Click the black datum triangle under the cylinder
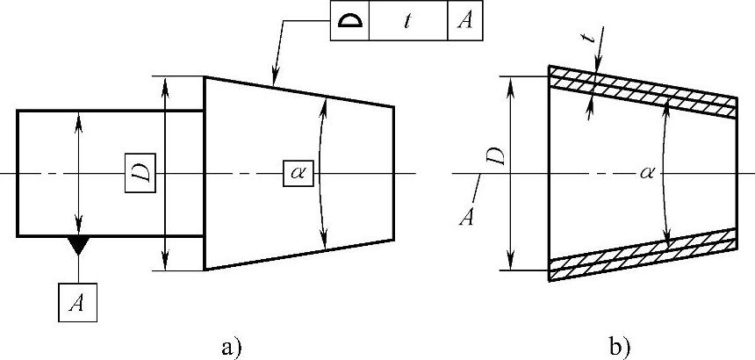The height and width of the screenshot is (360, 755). [x=79, y=245]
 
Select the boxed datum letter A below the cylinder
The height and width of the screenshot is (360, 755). [x=77, y=302]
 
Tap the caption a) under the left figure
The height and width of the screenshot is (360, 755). [x=230, y=346]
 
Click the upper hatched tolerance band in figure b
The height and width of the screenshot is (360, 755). [x=641, y=92]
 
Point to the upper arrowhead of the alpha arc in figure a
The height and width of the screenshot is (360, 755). [x=324, y=104]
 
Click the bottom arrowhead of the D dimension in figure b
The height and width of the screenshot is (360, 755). [x=510, y=264]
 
